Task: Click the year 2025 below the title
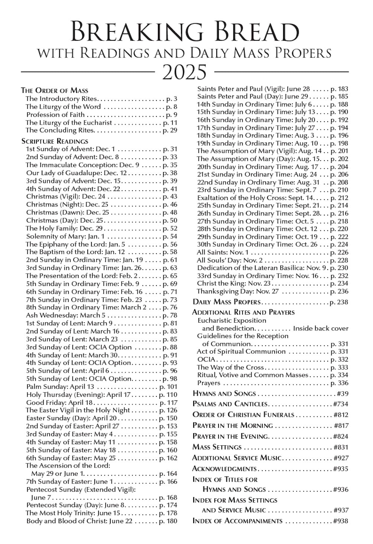click(185, 72)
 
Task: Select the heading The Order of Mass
click(55, 90)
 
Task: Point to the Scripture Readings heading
click(55, 141)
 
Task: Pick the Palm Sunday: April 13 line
click(60, 387)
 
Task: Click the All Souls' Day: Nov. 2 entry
click(230, 260)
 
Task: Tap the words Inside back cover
click(321, 329)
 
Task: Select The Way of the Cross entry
click(230, 367)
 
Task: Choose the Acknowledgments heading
click(224, 469)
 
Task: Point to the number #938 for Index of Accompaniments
click(340, 521)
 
